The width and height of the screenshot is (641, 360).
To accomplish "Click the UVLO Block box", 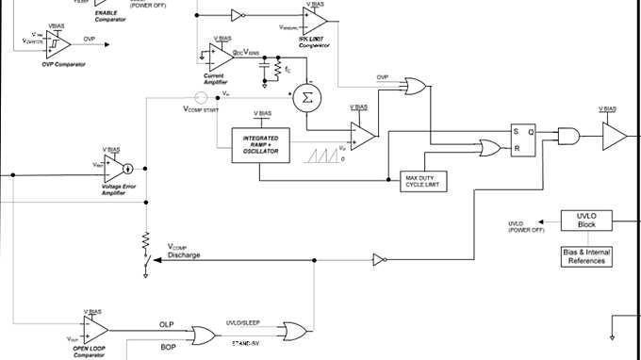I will tap(587, 221).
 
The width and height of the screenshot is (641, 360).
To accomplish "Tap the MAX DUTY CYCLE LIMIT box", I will tap(424, 180).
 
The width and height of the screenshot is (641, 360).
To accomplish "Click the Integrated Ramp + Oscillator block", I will tap(259, 144).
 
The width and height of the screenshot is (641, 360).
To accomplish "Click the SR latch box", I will tap(523, 139).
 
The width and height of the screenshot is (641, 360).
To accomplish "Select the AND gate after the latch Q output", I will tap(569, 137).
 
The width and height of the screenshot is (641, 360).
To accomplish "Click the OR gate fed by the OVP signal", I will tap(413, 88).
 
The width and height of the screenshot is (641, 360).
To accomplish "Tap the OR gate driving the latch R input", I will tap(490, 148).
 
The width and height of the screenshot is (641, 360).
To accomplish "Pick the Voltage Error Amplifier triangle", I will tap(119, 170).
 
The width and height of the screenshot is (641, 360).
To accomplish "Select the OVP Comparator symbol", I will tap(58, 41).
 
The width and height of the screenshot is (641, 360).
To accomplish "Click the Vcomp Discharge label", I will tap(184, 251).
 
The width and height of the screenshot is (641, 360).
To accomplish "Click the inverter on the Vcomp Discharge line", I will tap(379, 259).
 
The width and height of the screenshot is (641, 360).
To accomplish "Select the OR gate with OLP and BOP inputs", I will tap(203, 334).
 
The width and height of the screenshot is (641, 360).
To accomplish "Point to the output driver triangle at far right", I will tap(615, 137).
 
